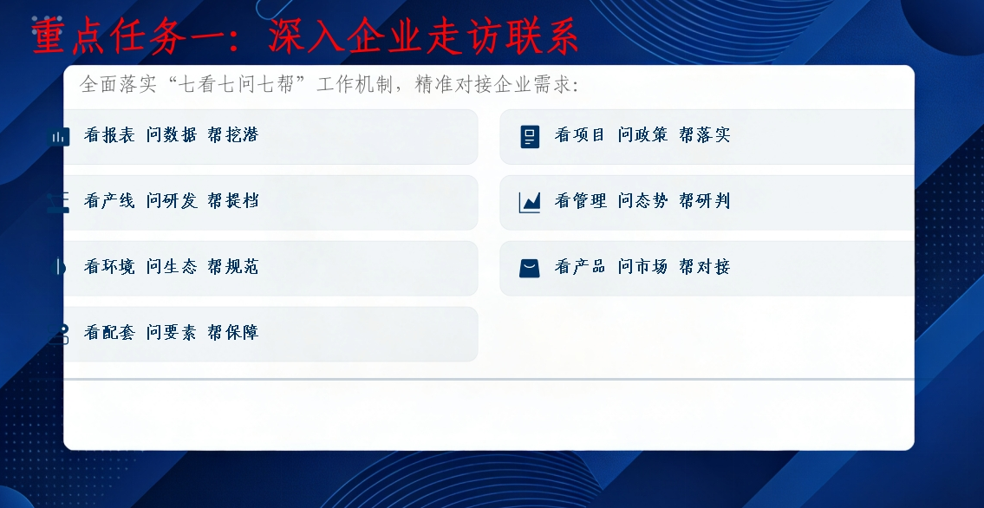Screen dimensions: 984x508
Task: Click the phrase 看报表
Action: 109,135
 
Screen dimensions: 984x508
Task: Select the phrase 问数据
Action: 172,135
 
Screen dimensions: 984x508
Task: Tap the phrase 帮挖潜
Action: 233,135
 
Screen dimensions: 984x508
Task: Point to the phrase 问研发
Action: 172,201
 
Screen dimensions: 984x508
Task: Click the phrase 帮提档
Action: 233,201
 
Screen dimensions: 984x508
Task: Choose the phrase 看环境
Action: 109,267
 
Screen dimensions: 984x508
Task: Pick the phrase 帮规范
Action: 233,267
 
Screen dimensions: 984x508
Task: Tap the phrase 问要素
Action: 172,333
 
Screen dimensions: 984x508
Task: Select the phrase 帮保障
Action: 233,333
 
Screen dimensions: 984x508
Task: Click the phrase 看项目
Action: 580,135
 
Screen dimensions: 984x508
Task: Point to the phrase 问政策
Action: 642,135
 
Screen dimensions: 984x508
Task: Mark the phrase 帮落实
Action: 705,135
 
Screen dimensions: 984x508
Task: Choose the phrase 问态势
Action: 642,201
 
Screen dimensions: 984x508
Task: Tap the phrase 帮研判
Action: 705,201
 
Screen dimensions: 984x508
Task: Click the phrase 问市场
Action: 642,267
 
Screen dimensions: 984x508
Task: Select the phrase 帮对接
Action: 705,267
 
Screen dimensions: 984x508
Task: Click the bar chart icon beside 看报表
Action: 59,137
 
